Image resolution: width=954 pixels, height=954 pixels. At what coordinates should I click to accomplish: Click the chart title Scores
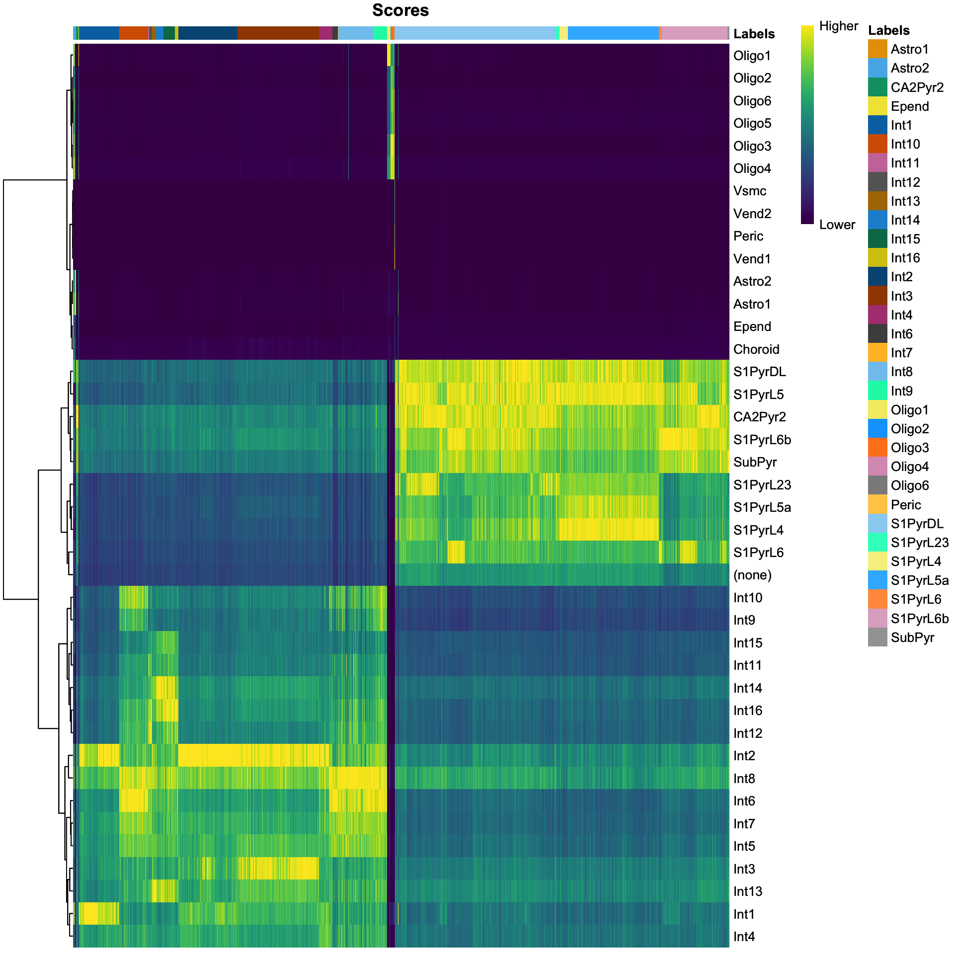click(x=400, y=10)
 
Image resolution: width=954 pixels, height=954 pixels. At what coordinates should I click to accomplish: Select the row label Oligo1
click(x=752, y=56)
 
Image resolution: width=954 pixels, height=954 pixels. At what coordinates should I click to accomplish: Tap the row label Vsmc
click(x=749, y=191)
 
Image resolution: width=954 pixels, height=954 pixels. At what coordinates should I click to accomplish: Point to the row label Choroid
click(x=756, y=349)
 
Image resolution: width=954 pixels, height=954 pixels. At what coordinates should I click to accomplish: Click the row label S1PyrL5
click(x=758, y=395)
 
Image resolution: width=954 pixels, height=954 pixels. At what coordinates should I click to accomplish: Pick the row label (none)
click(x=752, y=575)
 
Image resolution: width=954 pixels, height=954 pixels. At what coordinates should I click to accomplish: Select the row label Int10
click(x=747, y=598)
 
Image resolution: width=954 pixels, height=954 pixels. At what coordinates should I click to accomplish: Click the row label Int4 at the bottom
click(x=744, y=937)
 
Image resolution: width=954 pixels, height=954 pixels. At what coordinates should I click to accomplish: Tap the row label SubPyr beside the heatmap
click(x=755, y=462)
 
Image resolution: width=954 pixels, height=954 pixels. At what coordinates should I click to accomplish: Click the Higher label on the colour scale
click(x=838, y=26)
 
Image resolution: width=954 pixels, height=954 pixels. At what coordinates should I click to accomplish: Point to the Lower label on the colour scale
click(x=837, y=225)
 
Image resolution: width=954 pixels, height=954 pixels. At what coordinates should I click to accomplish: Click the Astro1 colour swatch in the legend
click(x=877, y=49)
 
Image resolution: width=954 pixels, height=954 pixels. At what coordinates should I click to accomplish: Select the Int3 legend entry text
click(x=901, y=296)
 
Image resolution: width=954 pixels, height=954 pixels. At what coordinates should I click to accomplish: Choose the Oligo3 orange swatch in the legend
click(x=877, y=448)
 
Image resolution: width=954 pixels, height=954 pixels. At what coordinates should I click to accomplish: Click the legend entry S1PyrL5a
click(x=919, y=580)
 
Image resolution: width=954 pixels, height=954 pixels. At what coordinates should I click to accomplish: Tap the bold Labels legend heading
click(x=888, y=30)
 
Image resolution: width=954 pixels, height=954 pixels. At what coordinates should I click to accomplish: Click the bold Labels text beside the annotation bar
click(x=754, y=34)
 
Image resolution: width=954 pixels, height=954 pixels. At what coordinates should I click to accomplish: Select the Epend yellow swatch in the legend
click(x=877, y=106)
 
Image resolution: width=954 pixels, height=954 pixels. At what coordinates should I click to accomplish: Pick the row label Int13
click(x=747, y=891)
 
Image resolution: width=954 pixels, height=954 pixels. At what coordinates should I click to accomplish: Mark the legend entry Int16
click(x=905, y=258)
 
